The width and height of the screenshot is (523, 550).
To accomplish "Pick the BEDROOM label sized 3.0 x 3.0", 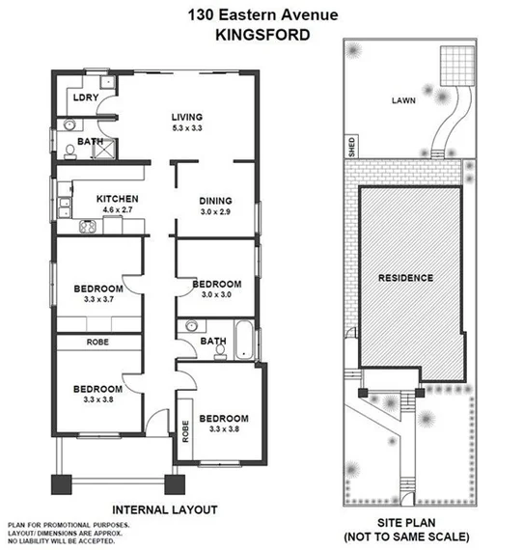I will (216, 284).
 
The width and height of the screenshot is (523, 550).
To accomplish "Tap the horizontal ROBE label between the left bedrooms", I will (98, 342).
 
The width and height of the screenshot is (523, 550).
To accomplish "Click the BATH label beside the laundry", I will (91, 142).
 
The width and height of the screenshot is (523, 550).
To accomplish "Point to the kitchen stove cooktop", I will (84, 228).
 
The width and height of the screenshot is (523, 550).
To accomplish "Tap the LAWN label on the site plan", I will (404, 99).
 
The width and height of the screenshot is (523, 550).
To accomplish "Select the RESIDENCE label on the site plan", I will (405, 278).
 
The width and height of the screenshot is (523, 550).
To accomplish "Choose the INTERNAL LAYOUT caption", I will (165, 509).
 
